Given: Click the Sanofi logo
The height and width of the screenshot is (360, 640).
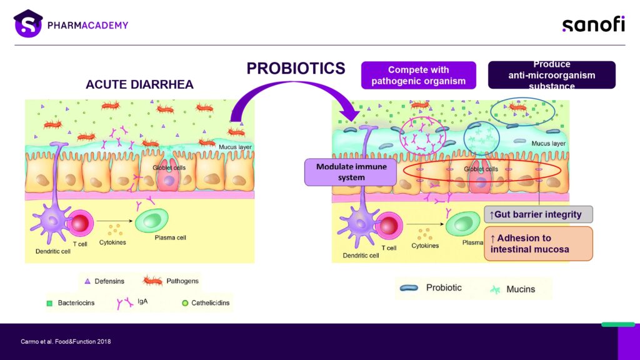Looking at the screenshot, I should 593,24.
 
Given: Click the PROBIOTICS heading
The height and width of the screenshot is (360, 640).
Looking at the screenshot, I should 296,68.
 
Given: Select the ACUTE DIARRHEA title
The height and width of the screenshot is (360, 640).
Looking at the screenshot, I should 140,85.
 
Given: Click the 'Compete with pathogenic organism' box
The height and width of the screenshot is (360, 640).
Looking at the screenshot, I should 418,75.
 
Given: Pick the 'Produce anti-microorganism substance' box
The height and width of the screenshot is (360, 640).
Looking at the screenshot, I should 551,75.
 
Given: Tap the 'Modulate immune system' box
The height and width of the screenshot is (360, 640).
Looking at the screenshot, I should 351,172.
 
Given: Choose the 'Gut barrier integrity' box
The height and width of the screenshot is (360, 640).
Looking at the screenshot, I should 538,214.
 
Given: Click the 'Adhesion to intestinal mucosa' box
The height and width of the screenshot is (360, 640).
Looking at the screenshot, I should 537,244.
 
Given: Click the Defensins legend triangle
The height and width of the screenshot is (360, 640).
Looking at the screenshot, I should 88,281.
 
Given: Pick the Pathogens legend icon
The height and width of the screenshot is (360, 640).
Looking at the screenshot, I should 152,281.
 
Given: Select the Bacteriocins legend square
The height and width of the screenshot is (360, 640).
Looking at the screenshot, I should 49,304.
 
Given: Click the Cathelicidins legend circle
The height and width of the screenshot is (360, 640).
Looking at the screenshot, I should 185,303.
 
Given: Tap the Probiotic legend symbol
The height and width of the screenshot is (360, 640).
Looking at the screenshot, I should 410,287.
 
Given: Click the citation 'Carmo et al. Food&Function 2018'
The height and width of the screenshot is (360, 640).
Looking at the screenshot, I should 66,341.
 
